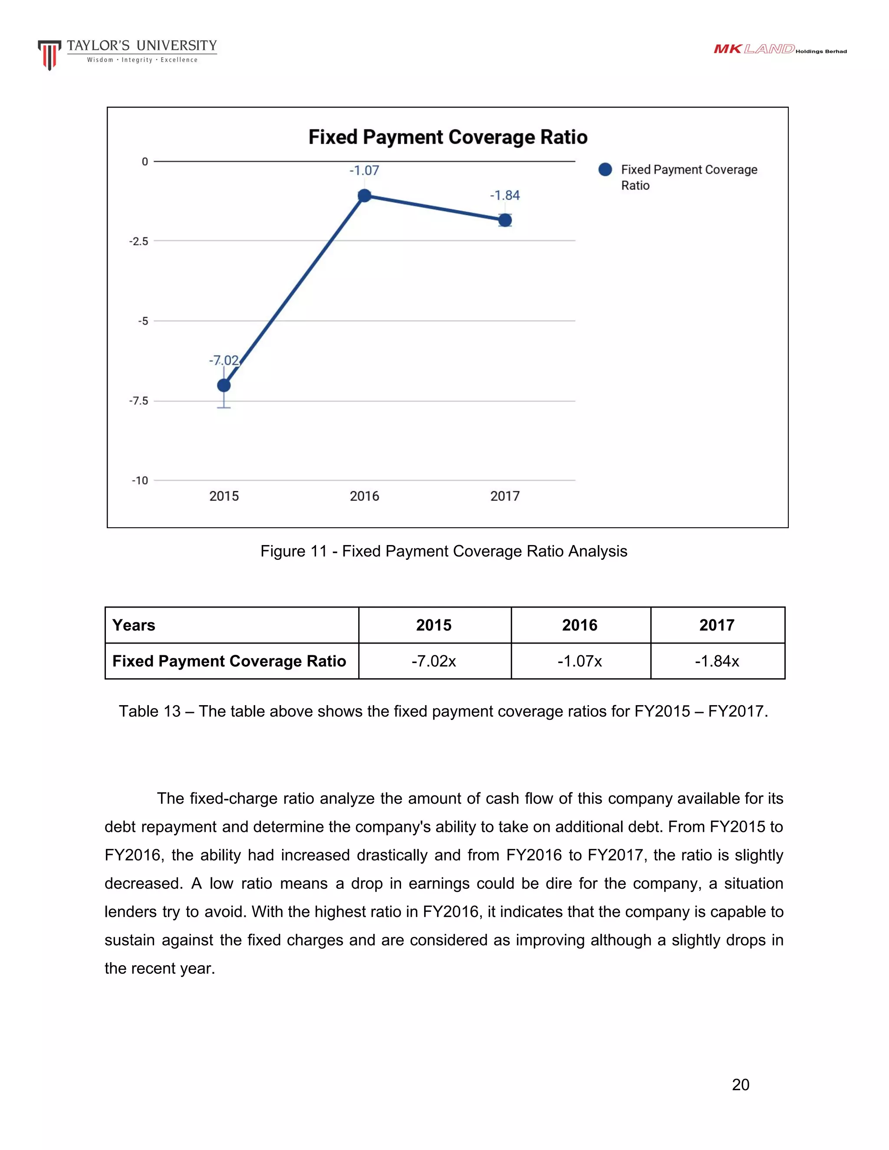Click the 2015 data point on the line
224,385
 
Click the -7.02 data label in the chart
224,361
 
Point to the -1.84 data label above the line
504,195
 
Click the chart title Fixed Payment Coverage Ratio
448,137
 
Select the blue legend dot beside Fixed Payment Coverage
605,170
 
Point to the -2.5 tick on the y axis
139,241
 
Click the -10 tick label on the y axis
140,480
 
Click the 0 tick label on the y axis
145,162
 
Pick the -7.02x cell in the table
434,661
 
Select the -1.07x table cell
580,661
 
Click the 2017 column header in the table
717,625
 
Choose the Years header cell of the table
134,625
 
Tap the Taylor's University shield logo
49,55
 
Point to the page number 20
741,1085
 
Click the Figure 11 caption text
444,551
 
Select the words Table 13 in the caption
150,711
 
